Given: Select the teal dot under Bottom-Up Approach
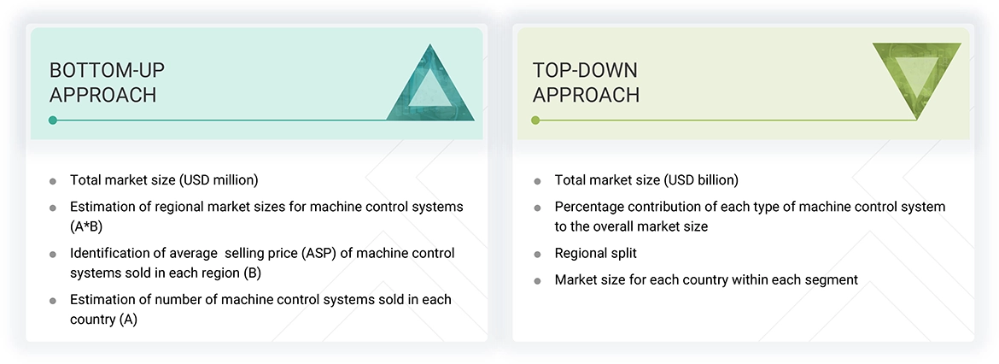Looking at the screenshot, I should [53, 120].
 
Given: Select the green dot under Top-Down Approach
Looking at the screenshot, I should [535, 120].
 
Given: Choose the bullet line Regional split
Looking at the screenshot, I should [595, 254].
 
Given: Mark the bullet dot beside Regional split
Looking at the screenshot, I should [537, 255].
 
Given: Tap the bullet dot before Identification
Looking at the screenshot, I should [53, 254].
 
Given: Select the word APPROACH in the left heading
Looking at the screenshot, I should [102, 95].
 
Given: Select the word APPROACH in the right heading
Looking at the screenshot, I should [586, 95].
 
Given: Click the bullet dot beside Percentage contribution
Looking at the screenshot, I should [537, 208].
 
